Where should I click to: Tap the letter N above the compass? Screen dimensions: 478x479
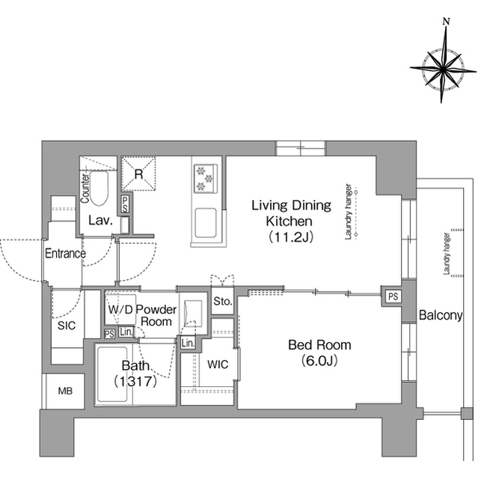point(447,22)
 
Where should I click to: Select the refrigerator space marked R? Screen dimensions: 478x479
point(138,174)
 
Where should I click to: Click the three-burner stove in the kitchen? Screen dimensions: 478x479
point(205,178)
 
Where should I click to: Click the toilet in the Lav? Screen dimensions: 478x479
point(99,188)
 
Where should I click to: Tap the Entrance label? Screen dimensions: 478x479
point(65,253)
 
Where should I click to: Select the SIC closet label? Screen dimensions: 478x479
point(67,326)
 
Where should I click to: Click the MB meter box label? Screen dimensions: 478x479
point(65,391)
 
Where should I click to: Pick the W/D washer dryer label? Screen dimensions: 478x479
point(120,309)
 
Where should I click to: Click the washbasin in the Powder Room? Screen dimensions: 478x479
point(193,313)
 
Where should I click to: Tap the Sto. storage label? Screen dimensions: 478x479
point(223,302)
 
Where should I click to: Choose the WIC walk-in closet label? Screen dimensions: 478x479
point(218,364)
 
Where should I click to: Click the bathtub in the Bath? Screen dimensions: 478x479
point(111,374)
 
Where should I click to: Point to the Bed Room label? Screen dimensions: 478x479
point(319,345)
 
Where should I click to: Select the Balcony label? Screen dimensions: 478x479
point(441,315)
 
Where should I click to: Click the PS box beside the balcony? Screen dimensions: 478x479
point(393,296)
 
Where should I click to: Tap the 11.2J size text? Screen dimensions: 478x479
point(290,237)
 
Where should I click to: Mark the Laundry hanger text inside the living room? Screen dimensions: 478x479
point(349,211)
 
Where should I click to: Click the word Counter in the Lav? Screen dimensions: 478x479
point(85,188)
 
